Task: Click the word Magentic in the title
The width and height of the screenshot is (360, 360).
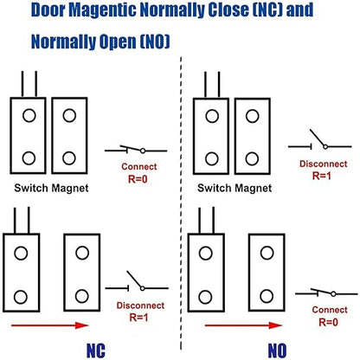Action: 103,10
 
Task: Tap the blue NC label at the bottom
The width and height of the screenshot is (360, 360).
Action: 96,350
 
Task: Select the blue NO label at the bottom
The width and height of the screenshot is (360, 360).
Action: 277,350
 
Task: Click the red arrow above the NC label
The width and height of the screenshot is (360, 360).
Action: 50,325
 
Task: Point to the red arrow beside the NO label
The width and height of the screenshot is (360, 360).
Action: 243,325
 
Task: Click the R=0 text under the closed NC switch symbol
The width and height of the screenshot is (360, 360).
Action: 138,179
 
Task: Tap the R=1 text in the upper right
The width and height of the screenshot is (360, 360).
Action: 322,176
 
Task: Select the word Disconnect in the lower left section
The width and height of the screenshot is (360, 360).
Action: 140,305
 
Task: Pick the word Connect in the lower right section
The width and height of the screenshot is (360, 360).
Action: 330,310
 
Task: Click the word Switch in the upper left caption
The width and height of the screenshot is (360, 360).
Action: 31,188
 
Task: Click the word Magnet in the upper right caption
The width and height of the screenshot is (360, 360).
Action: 254,189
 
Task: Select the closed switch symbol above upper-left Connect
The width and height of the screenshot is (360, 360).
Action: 136,150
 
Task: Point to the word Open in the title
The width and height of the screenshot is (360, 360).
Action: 118,42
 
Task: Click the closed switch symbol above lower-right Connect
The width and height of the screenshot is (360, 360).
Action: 326,292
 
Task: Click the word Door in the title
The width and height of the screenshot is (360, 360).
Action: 48,10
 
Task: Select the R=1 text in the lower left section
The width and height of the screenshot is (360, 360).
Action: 138,318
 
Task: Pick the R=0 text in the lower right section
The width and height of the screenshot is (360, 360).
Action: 328,322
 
